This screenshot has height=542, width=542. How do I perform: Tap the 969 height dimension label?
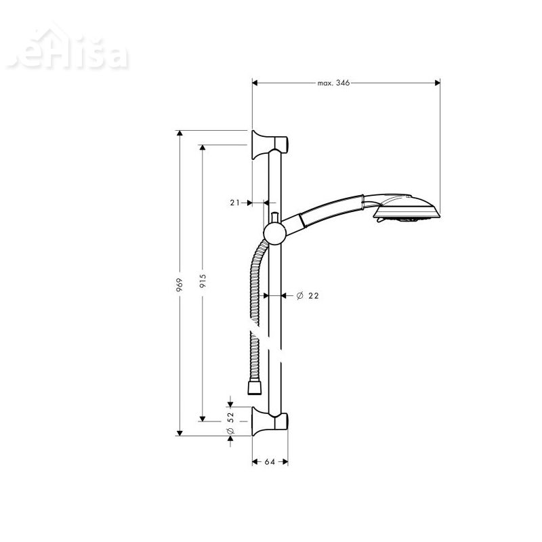coord(179,284)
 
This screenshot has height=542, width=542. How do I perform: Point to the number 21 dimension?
coord(235,203)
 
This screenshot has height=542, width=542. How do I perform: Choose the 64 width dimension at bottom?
coord(269,462)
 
